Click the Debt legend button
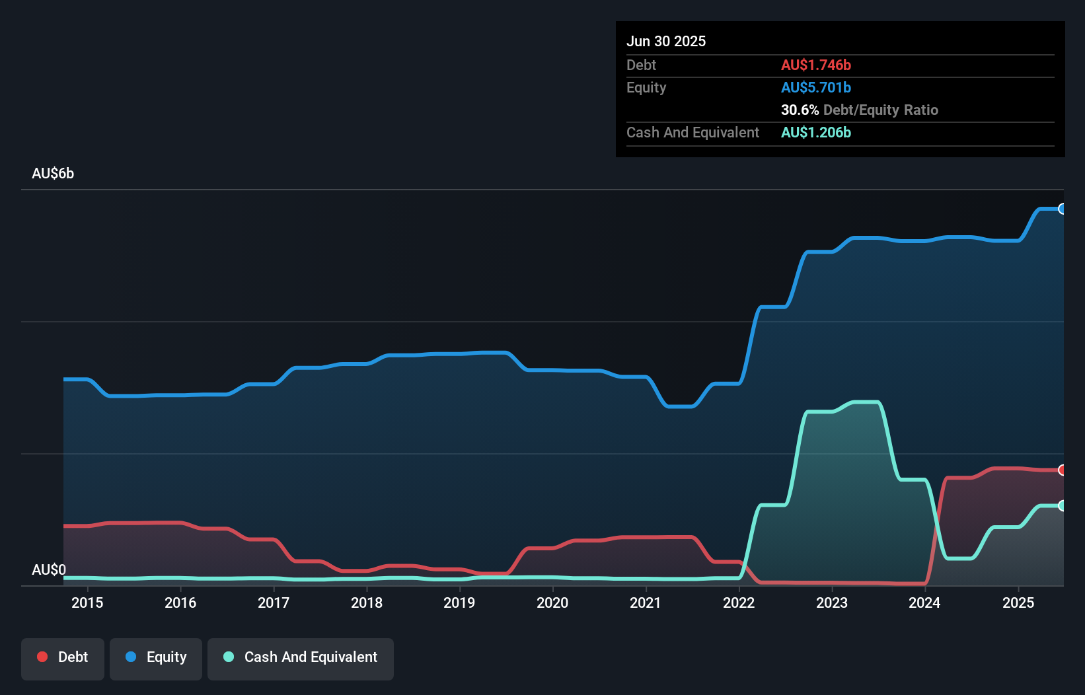point(63,658)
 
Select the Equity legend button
point(156,658)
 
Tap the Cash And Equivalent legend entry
point(301,658)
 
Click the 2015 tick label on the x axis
point(87,603)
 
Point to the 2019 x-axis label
point(459,603)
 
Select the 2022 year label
point(739,603)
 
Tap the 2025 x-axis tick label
point(1018,603)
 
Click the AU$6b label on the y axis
point(53,174)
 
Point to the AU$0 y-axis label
point(49,570)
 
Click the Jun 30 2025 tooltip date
point(666,42)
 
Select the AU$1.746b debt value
point(815,65)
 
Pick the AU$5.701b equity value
point(815,88)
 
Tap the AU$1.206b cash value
point(815,133)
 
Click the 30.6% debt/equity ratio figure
point(800,110)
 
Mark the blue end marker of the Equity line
point(1062,209)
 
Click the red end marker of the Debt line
point(1062,470)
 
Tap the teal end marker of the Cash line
point(1062,506)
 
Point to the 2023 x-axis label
point(832,603)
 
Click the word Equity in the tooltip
point(646,88)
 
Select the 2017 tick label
point(274,603)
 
